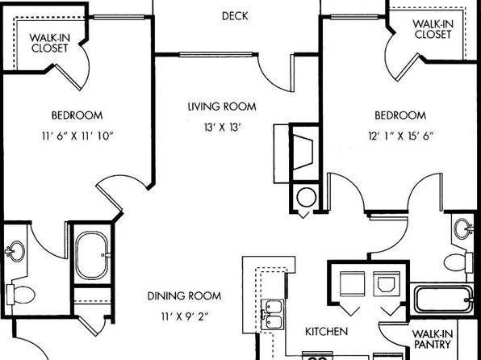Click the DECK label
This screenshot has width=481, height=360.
click(235, 16)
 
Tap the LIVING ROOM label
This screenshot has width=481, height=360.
click(222, 107)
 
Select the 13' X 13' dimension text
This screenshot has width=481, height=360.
click(221, 127)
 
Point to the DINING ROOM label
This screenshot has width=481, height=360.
click(184, 296)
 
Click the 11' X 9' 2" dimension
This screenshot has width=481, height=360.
click(185, 316)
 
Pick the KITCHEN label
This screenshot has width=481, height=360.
click(326, 332)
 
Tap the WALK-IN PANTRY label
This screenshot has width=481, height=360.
click(433, 339)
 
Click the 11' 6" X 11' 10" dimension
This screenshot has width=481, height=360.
click(77, 136)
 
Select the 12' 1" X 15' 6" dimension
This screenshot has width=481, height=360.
click(400, 136)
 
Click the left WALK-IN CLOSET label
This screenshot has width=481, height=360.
click(50, 43)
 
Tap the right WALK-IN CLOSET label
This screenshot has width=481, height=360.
click(433, 29)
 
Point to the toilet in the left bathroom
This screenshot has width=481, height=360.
click(20, 295)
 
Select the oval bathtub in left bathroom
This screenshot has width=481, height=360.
click(93, 255)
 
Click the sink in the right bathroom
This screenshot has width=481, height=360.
click(463, 228)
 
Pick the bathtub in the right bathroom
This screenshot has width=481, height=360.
click(443, 299)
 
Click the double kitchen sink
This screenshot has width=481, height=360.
click(273, 315)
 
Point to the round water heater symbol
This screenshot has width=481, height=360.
click(307, 198)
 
